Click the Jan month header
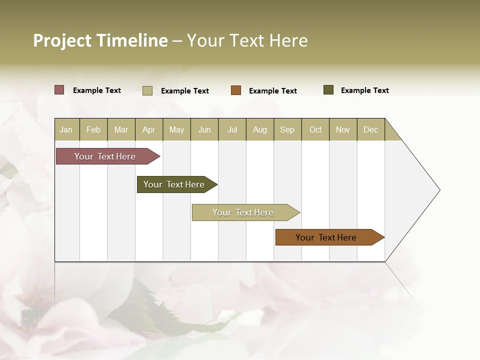tap(66, 129)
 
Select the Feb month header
tap(93, 129)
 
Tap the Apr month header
tap(149, 129)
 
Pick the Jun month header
tap(204, 129)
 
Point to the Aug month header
tap(260, 129)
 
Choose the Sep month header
tap(287, 129)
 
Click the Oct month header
tap(315, 129)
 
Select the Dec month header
tap(371, 129)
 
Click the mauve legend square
tap(59, 90)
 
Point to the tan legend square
tap(147, 90)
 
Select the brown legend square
tap(236, 90)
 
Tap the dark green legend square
tap(328, 90)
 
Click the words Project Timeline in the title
tap(100, 40)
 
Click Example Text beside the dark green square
tap(364, 90)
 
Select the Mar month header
tap(121, 129)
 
